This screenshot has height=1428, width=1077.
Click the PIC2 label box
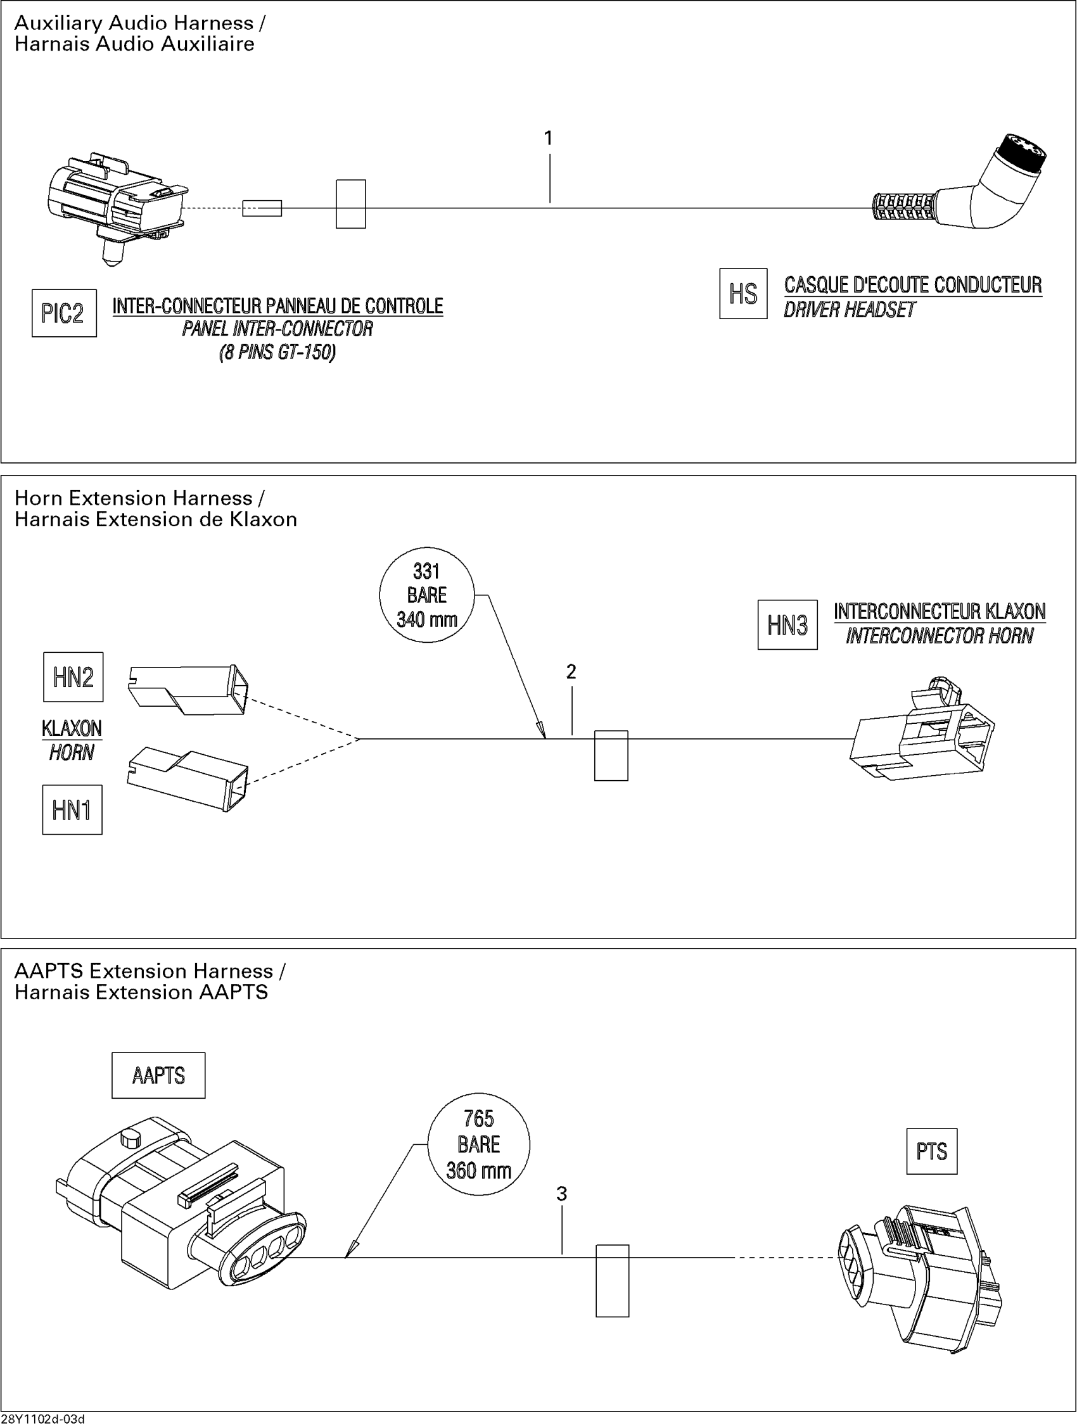pyautogui.click(x=64, y=313)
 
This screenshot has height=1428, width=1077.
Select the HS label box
pyautogui.click(x=743, y=294)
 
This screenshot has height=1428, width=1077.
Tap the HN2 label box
pyautogui.click(x=73, y=677)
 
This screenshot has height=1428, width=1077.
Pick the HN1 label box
pyautogui.click(x=72, y=809)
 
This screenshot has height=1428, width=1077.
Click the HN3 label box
pyautogui.click(x=787, y=625)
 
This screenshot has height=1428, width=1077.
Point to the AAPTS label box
pyautogui.click(x=158, y=1075)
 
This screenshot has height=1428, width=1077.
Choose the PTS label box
pyautogui.click(x=932, y=1151)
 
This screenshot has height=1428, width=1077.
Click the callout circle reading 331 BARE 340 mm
pyautogui.click(x=427, y=595)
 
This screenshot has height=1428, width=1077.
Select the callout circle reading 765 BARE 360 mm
pyautogui.click(x=478, y=1144)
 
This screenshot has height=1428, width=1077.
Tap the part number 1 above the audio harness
pyautogui.click(x=548, y=138)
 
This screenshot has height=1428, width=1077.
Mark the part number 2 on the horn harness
pyautogui.click(x=571, y=672)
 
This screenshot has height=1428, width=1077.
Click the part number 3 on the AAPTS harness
pyautogui.click(x=562, y=1194)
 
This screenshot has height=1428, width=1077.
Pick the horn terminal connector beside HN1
pyautogui.click(x=188, y=780)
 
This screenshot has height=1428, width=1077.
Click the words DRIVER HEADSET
pyautogui.click(x=849, y=310)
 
